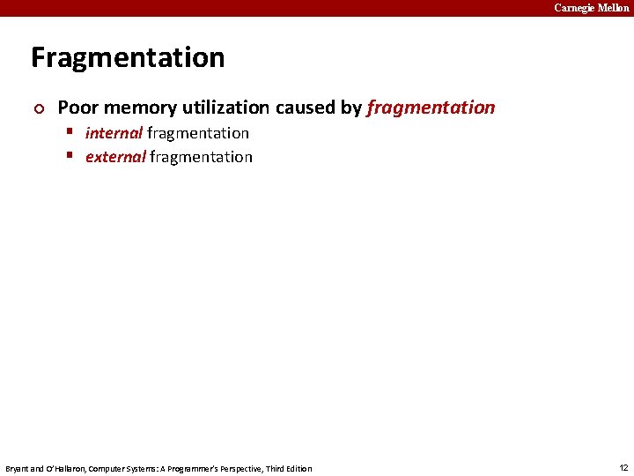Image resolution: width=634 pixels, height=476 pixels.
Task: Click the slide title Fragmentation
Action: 128,58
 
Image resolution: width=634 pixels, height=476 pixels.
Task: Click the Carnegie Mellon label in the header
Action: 591,8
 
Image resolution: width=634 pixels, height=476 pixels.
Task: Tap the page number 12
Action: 623,467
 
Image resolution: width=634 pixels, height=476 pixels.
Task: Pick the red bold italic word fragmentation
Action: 431,108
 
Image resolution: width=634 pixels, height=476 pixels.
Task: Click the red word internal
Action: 114,133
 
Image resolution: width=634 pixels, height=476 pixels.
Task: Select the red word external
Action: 115,157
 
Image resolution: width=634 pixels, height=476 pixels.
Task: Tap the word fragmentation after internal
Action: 198,133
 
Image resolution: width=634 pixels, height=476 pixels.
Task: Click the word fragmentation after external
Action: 201,157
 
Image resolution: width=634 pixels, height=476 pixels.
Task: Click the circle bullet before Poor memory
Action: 36,108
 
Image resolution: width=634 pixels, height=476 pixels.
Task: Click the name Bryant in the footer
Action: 18,468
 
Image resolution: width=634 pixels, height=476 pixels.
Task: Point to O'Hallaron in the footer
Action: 63,468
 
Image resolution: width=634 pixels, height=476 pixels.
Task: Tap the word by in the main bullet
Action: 350,108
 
